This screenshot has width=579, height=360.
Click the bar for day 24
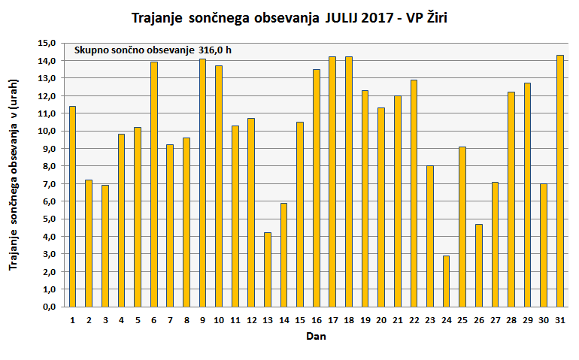446,281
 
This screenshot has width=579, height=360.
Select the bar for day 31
559,180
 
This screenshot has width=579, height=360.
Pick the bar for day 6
154,184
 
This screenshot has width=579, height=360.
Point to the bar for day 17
332,181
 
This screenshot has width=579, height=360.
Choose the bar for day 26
478,265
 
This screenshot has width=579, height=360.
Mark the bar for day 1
72,206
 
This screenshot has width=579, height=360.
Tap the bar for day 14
283,255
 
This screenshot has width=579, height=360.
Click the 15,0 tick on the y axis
49,43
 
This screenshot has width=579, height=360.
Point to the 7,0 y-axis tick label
49,184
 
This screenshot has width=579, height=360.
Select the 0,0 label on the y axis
49,307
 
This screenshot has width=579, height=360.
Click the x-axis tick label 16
316,319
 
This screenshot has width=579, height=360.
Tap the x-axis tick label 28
511,319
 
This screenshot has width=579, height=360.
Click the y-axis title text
13,174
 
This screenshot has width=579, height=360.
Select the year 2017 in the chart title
374,17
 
